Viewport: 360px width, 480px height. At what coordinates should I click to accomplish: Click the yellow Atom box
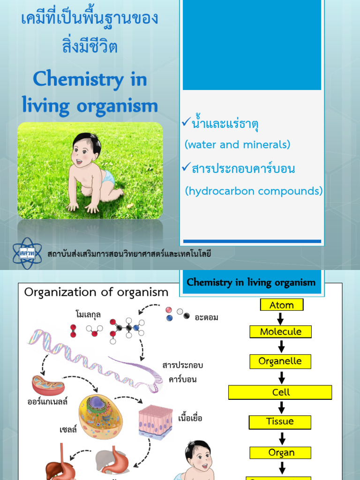coord(282,305)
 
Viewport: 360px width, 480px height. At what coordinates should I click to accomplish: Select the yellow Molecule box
coord(280,332)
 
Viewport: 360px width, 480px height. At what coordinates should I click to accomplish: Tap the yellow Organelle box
coord(280,361)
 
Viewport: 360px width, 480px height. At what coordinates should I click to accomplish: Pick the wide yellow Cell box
coord(280,392)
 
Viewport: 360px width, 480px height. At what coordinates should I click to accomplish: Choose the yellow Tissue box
coord(280,421)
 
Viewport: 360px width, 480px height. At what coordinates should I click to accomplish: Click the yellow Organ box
coord(280,452)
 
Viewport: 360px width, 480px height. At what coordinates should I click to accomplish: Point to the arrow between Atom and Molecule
coord(281,318)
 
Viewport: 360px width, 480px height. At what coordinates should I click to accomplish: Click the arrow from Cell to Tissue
coord(281,407)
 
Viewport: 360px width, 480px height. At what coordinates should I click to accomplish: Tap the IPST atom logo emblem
coord(27,253)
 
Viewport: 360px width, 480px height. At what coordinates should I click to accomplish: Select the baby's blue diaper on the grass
coord(107,177)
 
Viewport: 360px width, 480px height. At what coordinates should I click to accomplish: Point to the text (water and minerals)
coord(237,145)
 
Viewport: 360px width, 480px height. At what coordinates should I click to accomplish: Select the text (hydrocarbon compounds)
coord(254,191)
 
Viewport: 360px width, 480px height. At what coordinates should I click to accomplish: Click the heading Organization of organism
coord(96,292)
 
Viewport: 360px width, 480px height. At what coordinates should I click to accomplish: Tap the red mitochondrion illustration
coord(48,385)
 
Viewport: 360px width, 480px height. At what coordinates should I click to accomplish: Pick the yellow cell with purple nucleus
coord(100,415)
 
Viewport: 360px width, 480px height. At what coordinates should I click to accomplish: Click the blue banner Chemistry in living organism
coord(251,282)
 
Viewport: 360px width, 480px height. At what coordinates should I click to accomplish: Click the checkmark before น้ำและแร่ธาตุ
coord(186,123)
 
